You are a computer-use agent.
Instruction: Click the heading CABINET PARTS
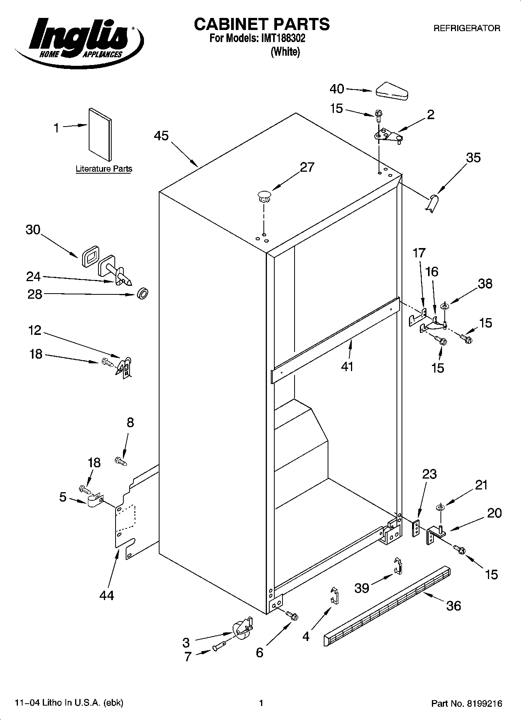[261, 24]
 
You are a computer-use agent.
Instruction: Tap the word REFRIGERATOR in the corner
[467, 28]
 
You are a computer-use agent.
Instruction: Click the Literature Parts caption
[103, 169]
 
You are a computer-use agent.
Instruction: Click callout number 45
[161, 136]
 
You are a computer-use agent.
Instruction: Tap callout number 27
[307, 167]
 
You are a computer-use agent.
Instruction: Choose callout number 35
[473, 158]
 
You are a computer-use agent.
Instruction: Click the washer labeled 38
[444, 306]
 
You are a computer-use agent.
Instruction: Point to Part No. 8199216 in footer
[467, 704]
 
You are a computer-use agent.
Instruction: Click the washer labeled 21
[440, 507]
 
